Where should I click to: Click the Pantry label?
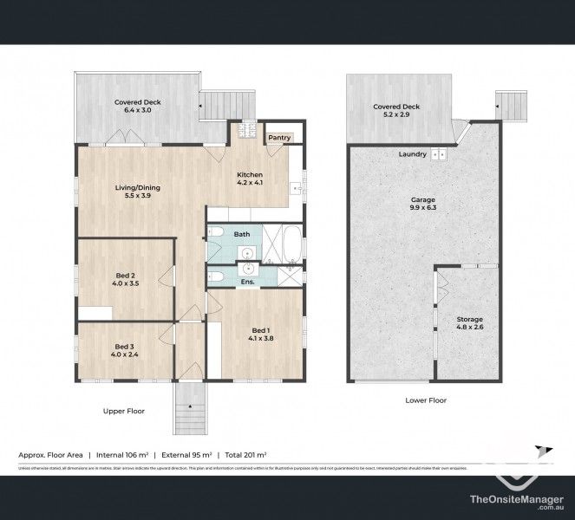click(x=279, y=137)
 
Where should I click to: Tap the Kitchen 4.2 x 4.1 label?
click(x=250, y=179)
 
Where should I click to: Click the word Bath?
click(x=241, y=234)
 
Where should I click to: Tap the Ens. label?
click(x=247, y=281)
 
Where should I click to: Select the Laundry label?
click(x=412, y=154)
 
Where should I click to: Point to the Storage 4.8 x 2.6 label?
click(x=470, y=324)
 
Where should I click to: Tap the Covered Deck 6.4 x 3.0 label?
click(x=138, y=106)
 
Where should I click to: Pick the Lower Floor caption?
click(x=426, y=400)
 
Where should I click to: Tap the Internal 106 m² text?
click(x=120, y=453)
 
